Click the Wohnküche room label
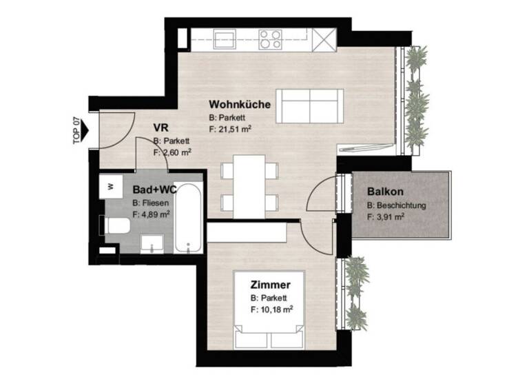point(239,104)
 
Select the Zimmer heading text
point(270,285)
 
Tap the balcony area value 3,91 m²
point(389,216)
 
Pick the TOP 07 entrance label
point(76,130)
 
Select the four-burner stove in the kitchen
point(269,38)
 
